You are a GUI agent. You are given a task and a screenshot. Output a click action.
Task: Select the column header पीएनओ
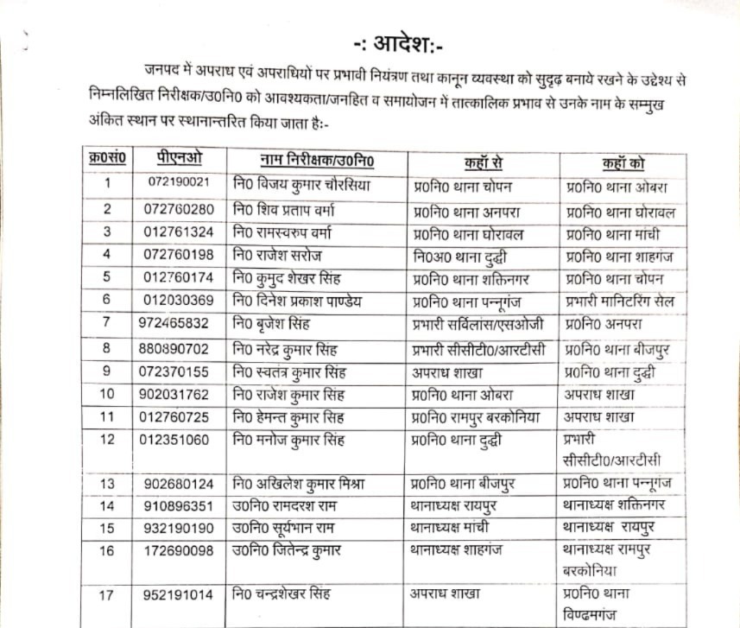pyautogui.click(x=180, y=162)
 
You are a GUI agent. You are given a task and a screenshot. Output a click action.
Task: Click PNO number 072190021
pyautogui.click(x=180, y=185)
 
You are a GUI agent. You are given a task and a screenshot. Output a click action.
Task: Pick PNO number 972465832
pyautogui.click(x=179, y=324)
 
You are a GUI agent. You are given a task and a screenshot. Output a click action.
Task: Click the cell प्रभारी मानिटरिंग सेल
pyautogui.click(x=620, y=301)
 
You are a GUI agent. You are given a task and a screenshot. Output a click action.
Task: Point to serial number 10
pyautogui.click(x=108, y=395)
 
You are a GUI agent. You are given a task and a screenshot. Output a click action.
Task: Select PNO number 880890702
pyautogui.click(x=179, y=348)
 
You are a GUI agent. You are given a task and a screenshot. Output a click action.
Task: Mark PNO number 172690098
pyautogui.click(x=180, y=550)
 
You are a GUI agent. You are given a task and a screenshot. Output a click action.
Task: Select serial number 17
pyautogui.click(x=108, y=595)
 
